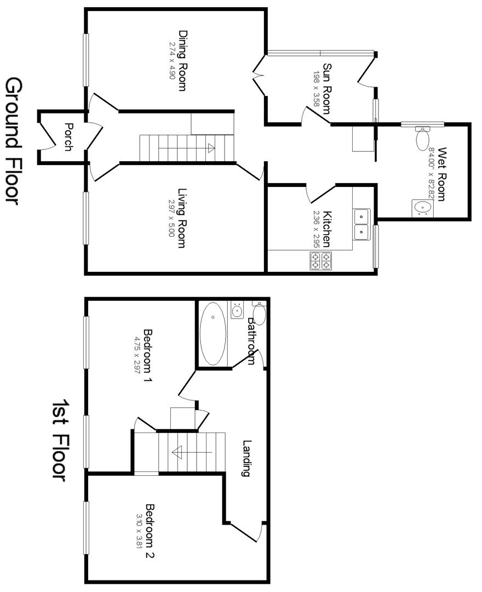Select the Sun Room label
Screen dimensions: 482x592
[327, 88]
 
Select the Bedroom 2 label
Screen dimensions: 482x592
[150, 531]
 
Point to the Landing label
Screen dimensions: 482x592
[247, 458]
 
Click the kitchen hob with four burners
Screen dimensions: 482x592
[321, 260]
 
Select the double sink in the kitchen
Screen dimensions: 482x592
[361, 225]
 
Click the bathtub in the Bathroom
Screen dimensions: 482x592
[213, 333]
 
